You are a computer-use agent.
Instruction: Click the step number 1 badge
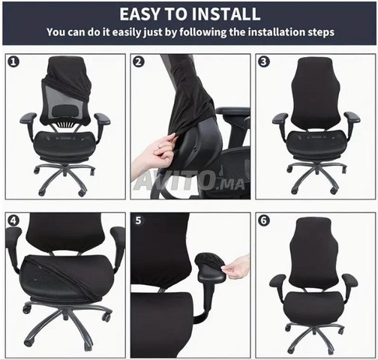13,61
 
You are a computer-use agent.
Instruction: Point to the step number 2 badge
138,61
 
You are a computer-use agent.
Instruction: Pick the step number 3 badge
264,61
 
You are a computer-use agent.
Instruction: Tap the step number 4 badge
13,220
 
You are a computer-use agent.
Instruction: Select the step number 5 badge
138,220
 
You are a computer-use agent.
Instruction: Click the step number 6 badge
264,220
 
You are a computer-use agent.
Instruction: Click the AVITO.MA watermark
189,181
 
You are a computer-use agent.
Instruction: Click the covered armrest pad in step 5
209,266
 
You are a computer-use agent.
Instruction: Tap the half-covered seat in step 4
67,276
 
